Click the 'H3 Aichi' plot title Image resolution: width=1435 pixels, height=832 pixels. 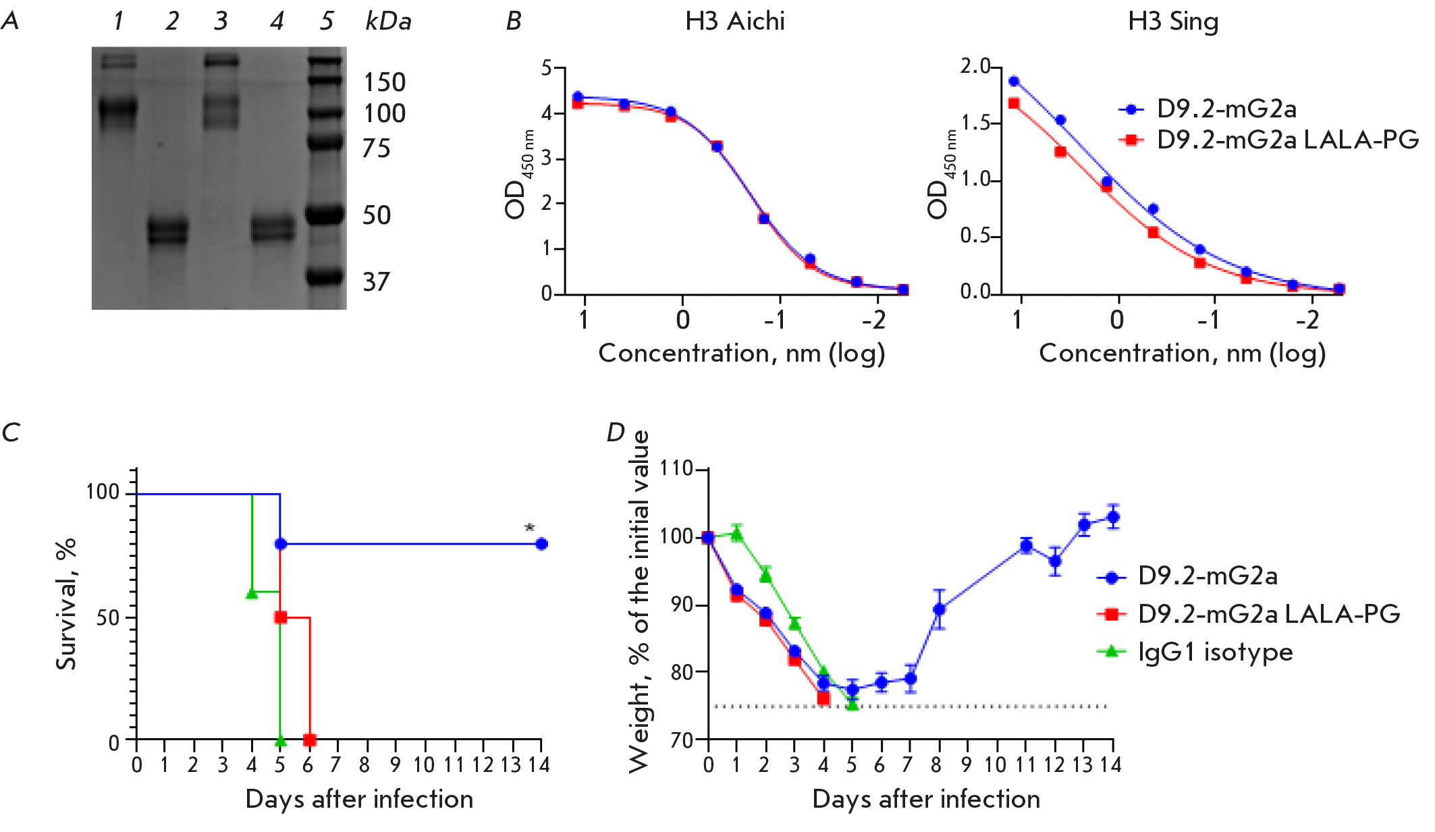tap(734, 22)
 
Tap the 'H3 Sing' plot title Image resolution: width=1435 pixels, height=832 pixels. tap(1173, 22)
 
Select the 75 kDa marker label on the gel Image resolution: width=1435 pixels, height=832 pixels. tap(376, 148)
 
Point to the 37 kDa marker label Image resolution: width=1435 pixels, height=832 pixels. tap(376, 282)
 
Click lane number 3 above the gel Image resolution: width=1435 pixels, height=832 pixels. tap(221, 22)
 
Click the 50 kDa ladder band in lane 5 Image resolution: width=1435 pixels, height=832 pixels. tap(325, 216)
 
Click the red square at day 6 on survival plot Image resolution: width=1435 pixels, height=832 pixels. tap(309, 740)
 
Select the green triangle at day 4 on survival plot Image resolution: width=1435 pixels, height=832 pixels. tap(252, 593)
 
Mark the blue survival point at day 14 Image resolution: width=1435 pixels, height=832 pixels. tap(541, 544)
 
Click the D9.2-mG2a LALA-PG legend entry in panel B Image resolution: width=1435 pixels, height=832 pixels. tap(1287, 140)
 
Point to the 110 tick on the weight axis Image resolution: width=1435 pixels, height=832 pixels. tap(676, 468)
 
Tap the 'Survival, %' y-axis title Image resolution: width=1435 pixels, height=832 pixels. tap(66, 604)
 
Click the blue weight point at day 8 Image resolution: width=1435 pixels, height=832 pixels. tap(939, 609)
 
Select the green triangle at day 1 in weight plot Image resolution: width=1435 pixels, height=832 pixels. tap(736, 534)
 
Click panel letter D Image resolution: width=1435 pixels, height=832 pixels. tap(615, 432)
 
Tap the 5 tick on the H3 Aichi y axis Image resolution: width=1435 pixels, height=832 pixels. tap(546, 67)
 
